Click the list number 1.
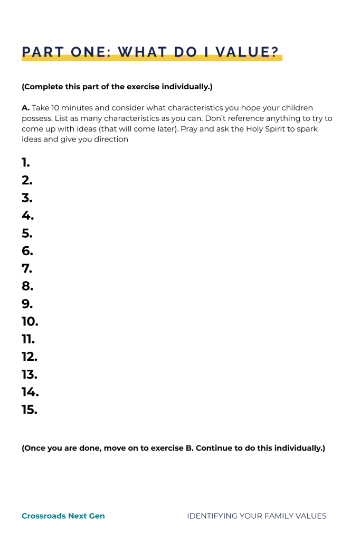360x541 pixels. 26,163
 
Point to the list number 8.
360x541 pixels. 27,286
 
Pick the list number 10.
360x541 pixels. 30,322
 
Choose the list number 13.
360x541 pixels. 30,375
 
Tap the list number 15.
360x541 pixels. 30,410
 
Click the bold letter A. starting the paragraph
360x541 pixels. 26,108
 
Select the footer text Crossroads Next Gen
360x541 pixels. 63,516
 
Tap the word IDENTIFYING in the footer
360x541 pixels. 211,516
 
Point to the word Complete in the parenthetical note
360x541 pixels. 44,87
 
